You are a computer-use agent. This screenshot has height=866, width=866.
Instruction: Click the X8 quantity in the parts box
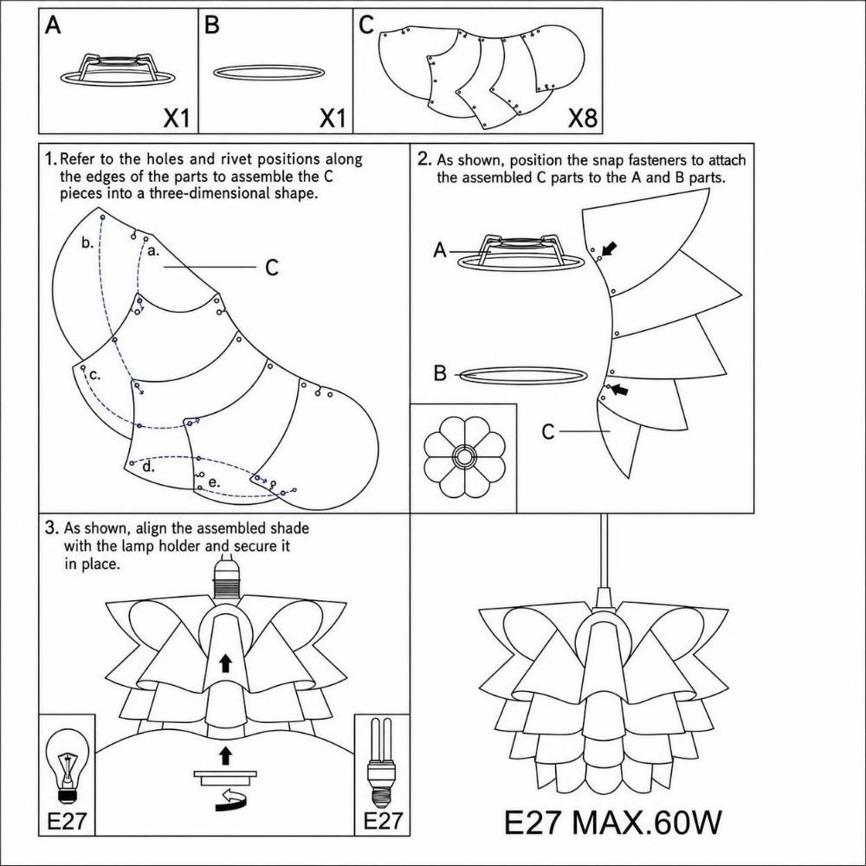pos(583,117)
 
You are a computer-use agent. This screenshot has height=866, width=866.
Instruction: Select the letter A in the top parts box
pos(53,25)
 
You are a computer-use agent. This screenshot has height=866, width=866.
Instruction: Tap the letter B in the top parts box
pos(211,25)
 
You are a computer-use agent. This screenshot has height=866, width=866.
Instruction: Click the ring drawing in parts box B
pos(268,73)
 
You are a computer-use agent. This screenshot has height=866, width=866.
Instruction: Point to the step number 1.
pos(50,159)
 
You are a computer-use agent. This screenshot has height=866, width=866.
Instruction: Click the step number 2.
pos(424,159)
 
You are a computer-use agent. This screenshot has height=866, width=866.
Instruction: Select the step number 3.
pos(51,527)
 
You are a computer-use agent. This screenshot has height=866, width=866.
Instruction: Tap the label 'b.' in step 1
pos(87,242)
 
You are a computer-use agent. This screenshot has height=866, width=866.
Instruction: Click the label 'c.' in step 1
pos(95,375)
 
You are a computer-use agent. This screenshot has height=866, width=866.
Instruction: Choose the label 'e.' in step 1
pos(214,482)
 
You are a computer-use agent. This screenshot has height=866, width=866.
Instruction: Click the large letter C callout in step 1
pos(272,268)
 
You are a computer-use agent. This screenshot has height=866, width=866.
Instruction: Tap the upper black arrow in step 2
pos(608,249)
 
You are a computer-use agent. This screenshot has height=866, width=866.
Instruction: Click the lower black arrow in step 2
pos(620,390)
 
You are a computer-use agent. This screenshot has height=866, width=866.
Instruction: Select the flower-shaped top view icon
pos(464,456)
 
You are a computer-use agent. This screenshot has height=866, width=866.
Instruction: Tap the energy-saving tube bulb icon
pos(381,762)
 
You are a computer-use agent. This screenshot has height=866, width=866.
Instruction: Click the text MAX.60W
pos(646,823)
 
